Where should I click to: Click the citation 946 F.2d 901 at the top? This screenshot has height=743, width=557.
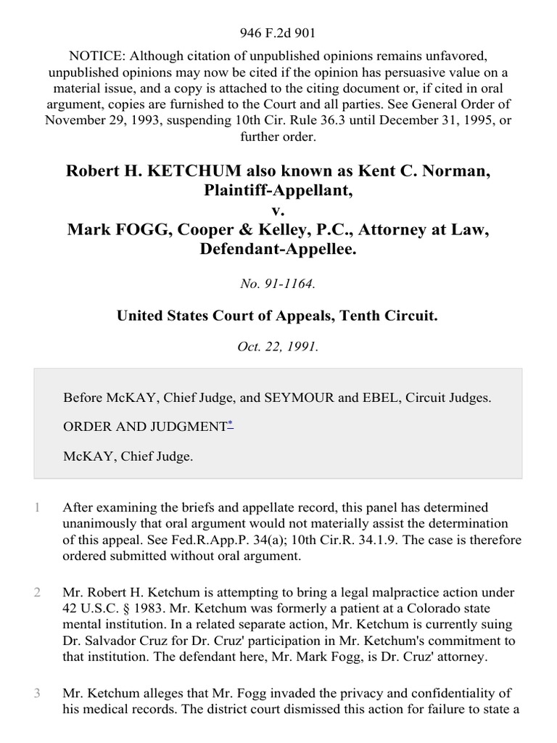pos(278,33)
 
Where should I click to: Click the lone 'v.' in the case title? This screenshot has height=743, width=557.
pos(278,211)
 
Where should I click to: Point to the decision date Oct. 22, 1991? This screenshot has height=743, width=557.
pos(278,347)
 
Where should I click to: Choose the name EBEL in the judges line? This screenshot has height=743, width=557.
pos(387,398)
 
